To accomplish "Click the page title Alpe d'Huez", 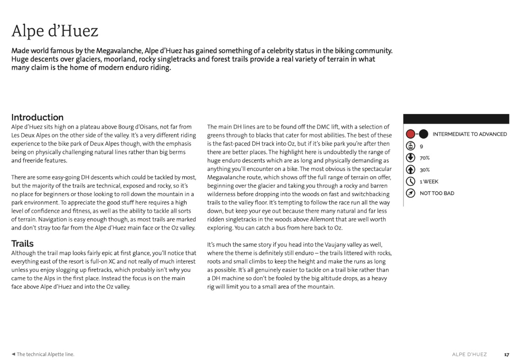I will pos(55,32).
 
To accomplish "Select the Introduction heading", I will pos(37,117).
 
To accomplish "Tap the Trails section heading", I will pos(22,243).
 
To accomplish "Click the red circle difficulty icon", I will pos(410,134).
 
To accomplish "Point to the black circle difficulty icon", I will pos(423,134).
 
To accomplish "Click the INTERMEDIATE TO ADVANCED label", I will pos(469,134).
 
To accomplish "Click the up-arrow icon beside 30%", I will pos(410,170).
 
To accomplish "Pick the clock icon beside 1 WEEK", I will pos(410,181).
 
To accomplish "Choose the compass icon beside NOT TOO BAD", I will pos(410,193).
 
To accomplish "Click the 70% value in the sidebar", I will pos(424,158).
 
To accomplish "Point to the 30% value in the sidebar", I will pos(424,170).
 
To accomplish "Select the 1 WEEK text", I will pos(429,181).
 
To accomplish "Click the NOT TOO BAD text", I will pos(437,193).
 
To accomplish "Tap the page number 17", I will pos(506,354).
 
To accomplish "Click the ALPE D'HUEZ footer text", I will pos(469,354).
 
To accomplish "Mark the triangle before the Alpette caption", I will pos(13,354).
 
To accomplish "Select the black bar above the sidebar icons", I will pos(456,119).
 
